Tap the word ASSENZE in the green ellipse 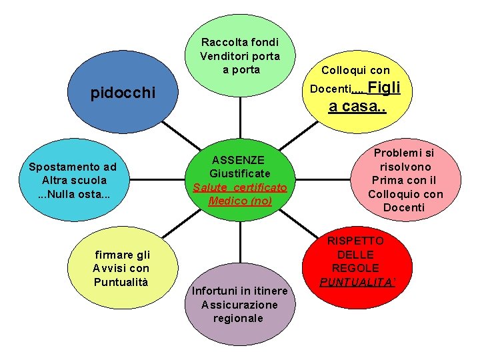coord(238,160)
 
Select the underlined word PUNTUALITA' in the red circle coord(357,282)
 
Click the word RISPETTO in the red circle coord(355,241)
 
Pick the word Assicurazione coord(239,305)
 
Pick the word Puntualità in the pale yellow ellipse coord(121,281)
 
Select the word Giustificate coord(239,173)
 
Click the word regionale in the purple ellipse coord(238,318)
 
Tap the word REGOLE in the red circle coord(355,268)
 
